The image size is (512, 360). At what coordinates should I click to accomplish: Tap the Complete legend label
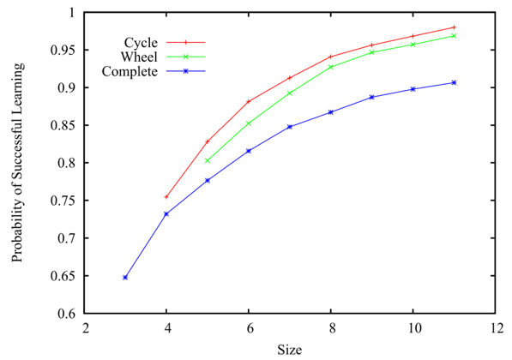click(130, 72)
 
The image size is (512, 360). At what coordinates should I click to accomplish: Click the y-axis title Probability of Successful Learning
click(18, 164)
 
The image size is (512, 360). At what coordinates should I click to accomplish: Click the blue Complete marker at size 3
click(125, 278)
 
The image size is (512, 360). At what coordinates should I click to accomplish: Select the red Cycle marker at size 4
click(166, 197)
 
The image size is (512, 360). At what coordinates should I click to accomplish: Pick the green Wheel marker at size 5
click(208, 160)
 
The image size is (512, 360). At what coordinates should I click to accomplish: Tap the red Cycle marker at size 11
click(454, 27)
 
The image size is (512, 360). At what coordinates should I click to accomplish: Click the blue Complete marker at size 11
click(454, 82)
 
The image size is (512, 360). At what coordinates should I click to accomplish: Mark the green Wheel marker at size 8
click(331, 67)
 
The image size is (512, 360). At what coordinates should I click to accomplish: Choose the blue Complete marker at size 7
click(290, 127)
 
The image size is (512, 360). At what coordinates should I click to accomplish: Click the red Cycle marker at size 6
click(249, 102)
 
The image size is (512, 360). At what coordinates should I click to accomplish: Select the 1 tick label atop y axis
click(69, 13)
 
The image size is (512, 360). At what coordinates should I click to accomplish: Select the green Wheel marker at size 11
click(454, 36)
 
